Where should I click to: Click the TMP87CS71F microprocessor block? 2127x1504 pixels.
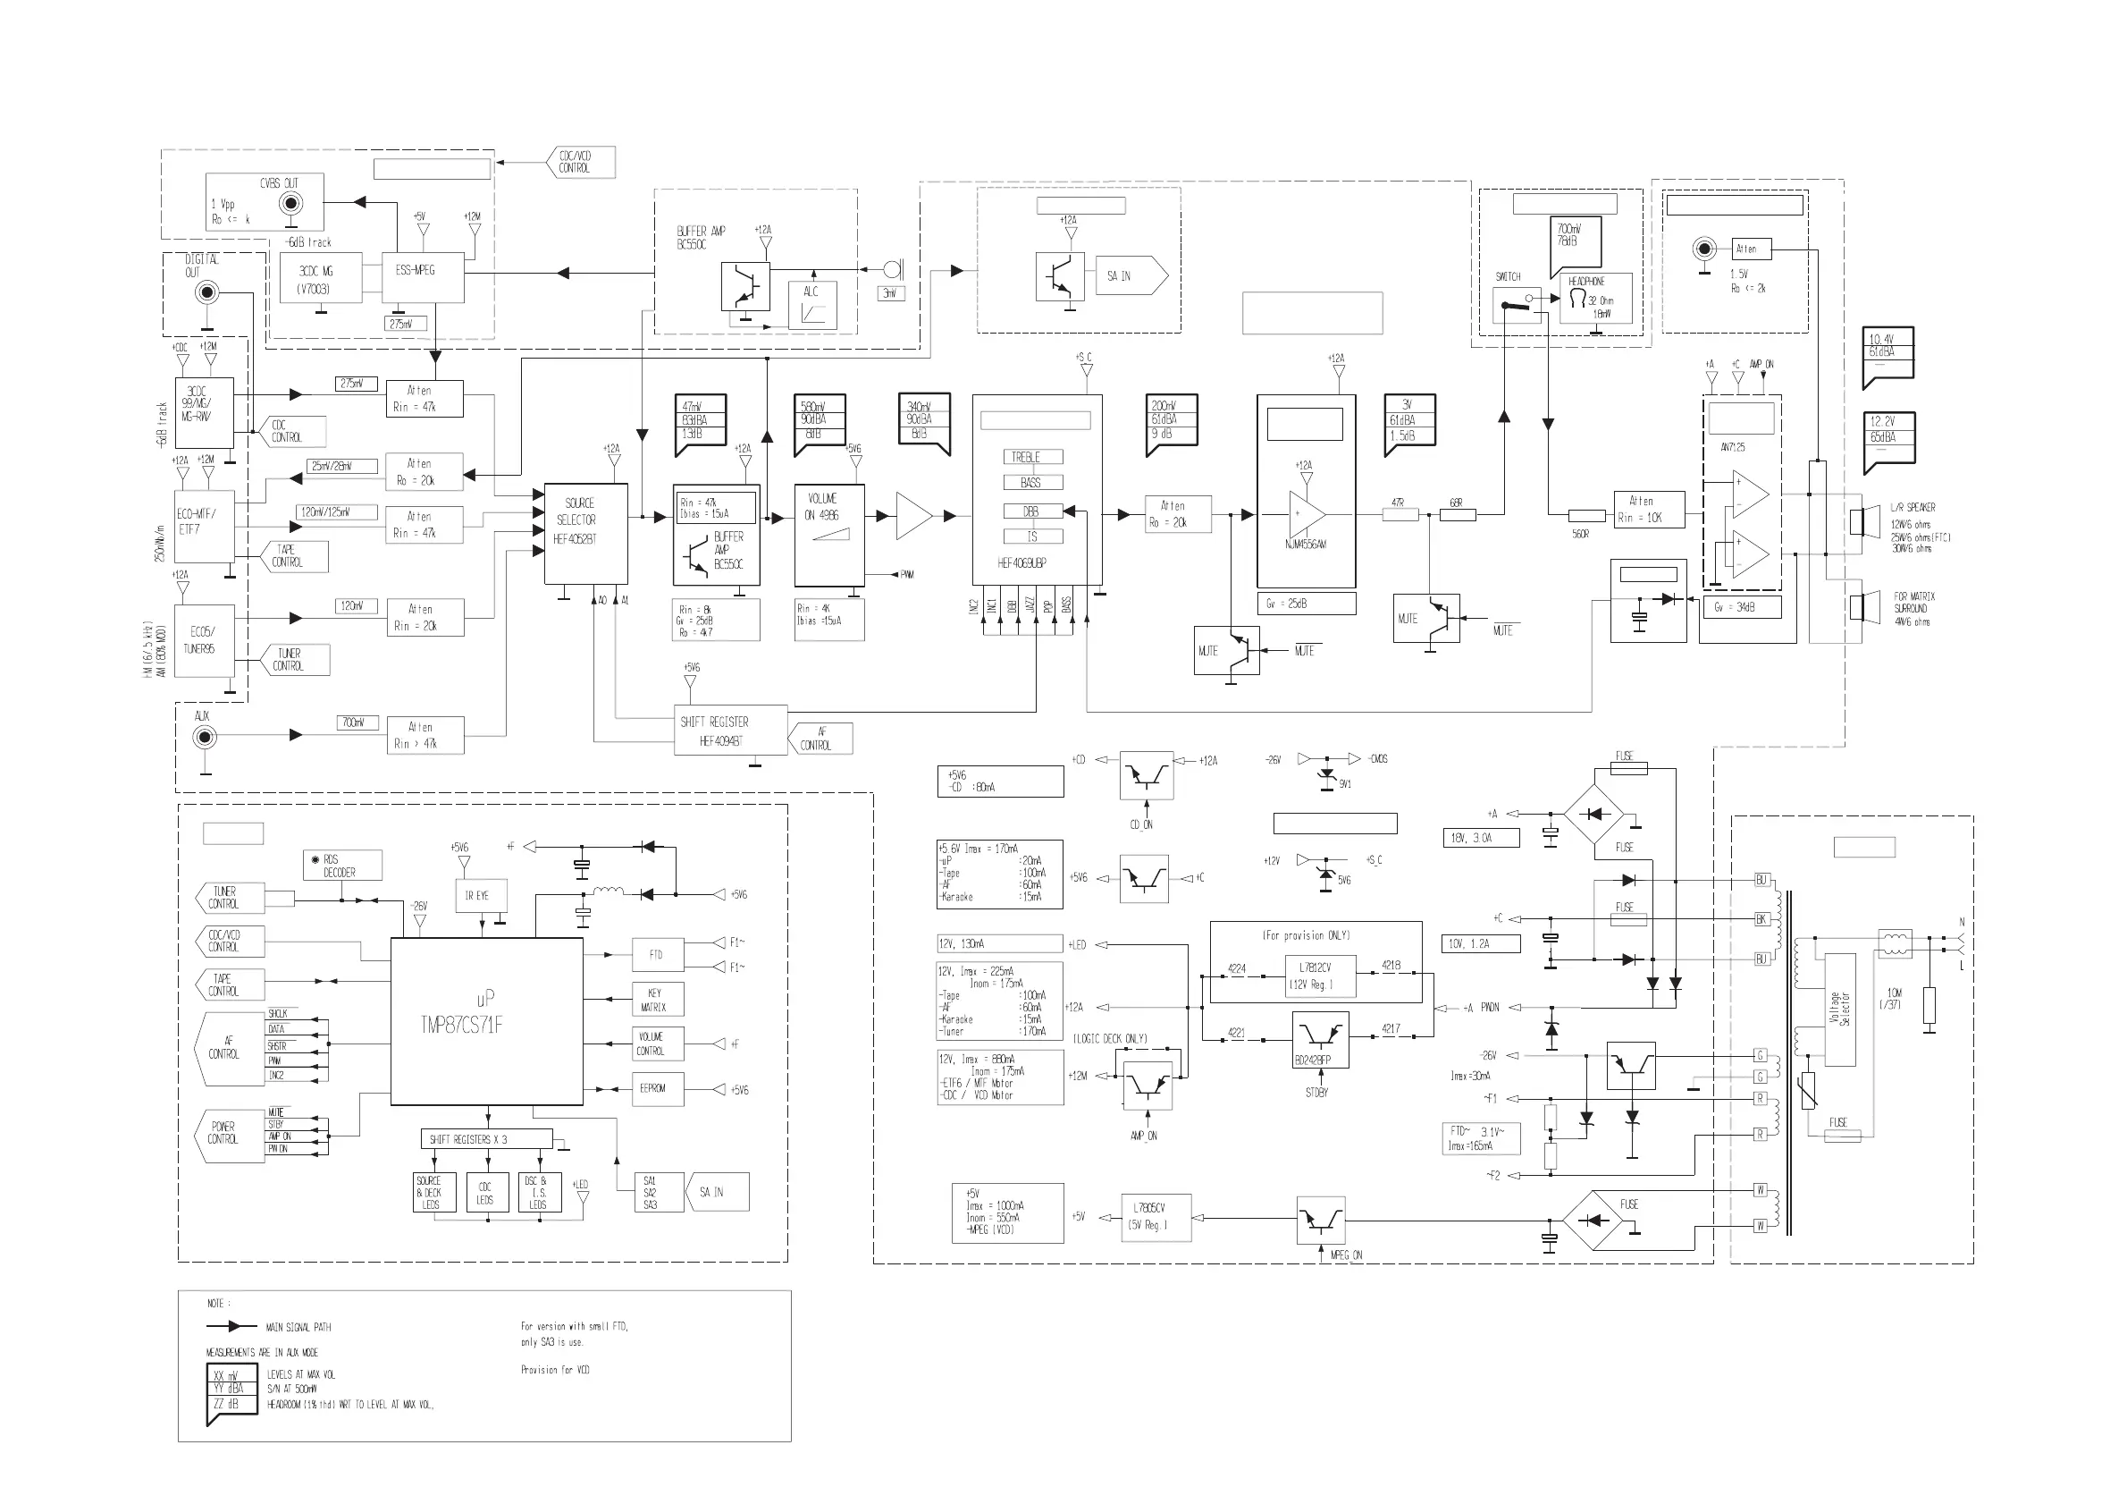486,1021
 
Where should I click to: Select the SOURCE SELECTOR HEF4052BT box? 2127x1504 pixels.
585,534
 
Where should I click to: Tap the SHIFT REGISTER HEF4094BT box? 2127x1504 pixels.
732,731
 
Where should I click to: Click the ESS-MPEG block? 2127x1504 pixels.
423,276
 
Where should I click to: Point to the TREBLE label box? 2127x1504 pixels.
1032,457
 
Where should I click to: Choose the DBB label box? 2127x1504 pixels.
1032,511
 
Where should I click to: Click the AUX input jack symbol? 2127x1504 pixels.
205,738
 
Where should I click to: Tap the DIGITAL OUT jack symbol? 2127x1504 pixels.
206,294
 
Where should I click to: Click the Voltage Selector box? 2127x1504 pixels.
1840,1010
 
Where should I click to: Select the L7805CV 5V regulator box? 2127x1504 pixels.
1156,1217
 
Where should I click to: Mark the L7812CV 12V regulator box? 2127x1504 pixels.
1321,976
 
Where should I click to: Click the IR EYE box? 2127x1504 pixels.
476,896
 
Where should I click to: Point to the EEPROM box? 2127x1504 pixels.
657,1088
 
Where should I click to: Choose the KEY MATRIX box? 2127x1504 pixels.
657,999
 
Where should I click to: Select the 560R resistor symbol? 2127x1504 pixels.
1587,515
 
